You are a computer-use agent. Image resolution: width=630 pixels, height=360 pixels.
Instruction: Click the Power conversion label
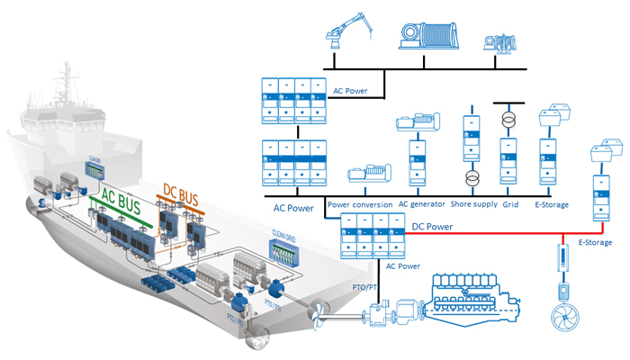[360, 204]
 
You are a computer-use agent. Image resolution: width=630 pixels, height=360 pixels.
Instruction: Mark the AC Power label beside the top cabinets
[350, 90]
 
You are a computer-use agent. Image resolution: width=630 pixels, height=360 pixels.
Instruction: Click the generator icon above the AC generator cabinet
[417, 124]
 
